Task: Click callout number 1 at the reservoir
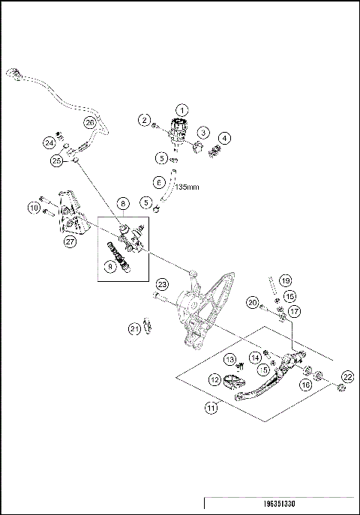click(x=181, y=111)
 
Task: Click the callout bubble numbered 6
click(x=158, y=181)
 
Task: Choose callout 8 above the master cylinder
click(x=122, y=203)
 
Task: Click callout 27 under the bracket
click(x=70, y=241)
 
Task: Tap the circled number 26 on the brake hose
click(x=89, y=121)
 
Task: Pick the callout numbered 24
click(x=49, y=142)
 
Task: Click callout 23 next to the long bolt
click(x=161, y=284)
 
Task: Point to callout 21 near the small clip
click(x=134, y=328)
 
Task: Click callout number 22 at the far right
click(x=347, y=376)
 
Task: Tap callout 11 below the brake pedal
click(x=212, y=409)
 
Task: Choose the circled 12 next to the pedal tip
click(x=214, y=380)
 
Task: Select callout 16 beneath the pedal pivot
click(x=306, y=383)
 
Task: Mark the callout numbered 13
click(x=231, y=358)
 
